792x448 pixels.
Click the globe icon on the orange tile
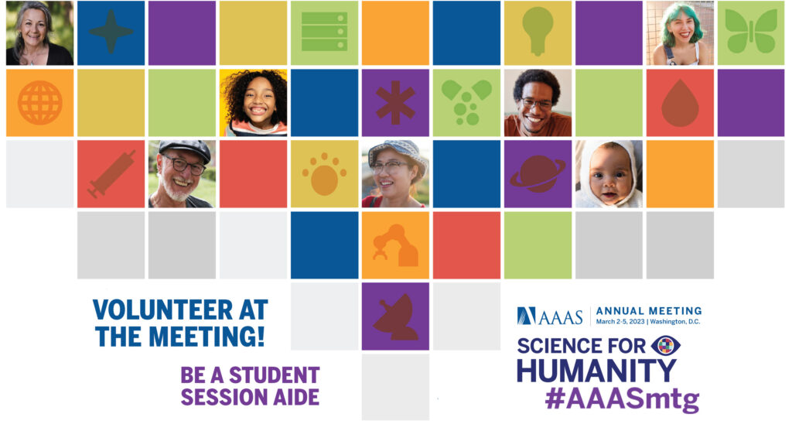click(x=40, y=103)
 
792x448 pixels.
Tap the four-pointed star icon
click(x=111, y=32)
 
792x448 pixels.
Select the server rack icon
click(x=324, y=32)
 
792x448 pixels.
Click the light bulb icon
click(x=538, y=31)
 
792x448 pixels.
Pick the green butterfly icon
click(x=751, y=31)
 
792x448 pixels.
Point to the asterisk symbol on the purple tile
click(x=395, y=103)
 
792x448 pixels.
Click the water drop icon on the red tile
click(x=680, y=103)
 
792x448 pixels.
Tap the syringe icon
click(x=111, y=174)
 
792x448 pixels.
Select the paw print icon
click(x=324, y=174)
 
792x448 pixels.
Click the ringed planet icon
click(x=538, y=174)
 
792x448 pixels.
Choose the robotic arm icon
click(x=395, y=245)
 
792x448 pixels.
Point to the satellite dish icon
click(x=395, y=316)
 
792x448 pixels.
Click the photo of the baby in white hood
click(x=609, y=174)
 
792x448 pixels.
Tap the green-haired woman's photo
click(x=680, y=32)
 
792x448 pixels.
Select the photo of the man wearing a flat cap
click(x=182, y=174)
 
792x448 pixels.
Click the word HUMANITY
click(x=596, y=370)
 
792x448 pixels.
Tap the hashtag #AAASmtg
click(x=623, y=398)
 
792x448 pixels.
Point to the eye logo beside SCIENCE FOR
click(x=666, y=346)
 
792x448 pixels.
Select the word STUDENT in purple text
click(x=275, y=375)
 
